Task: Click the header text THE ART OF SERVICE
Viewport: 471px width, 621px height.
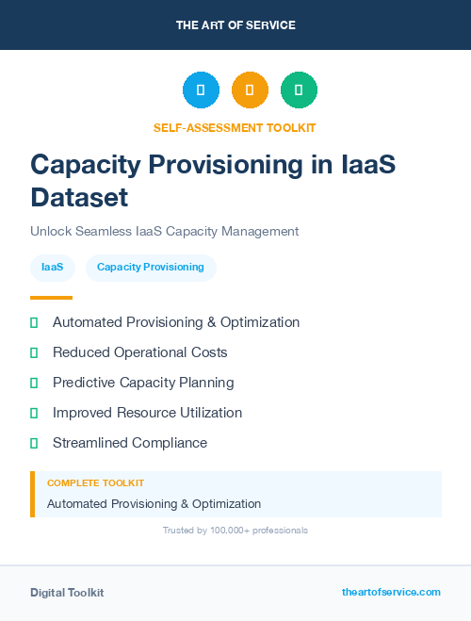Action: pyautogui.click(x=235, y=25)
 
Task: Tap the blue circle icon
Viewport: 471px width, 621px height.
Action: pyautogui.click(x=201, y=90)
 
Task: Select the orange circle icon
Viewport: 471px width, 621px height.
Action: pyautogui.click(x=250, y=90)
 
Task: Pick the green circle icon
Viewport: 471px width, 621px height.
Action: pyautogui.click(x=299, y=90)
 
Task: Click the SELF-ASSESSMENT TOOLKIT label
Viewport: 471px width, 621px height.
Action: pyautogui.click(x=235, y=127)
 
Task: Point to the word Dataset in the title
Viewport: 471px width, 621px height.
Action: pyautogui.click(x=78, y=197)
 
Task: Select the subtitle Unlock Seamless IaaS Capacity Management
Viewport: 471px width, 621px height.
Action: pyautogui.click(x=164, y=231)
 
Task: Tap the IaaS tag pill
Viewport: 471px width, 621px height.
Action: pyautogui.click(x=53, y=268)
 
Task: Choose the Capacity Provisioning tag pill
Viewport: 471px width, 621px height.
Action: pyautogui.click(x=151, y=268)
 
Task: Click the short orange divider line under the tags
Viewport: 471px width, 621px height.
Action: pyautogui.click(x=51, y=298)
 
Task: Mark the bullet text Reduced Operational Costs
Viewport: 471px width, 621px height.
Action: pyautogui.click(x=139, y=352)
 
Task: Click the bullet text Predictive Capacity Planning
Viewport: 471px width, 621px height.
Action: pyautogui.click(x=143, y=383)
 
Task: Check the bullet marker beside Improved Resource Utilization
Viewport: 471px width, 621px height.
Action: pyautogui.click(x=34, y=413)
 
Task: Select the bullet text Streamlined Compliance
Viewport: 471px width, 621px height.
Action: pyautogui.click(x=130, y=443)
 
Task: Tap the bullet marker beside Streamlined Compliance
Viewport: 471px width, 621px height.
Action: pyautogui.click(x=34, y=443)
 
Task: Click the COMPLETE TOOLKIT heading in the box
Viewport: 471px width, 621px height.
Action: pyautogui.click(x=95, y=482)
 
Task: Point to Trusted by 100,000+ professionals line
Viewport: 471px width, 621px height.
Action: pyautogui.click(x=235, y=531)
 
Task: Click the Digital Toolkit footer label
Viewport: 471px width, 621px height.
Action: pyautogui.click(x=67, y=593)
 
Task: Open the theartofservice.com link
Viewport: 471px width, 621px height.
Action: pyautogui.click(x=391, y=592)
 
